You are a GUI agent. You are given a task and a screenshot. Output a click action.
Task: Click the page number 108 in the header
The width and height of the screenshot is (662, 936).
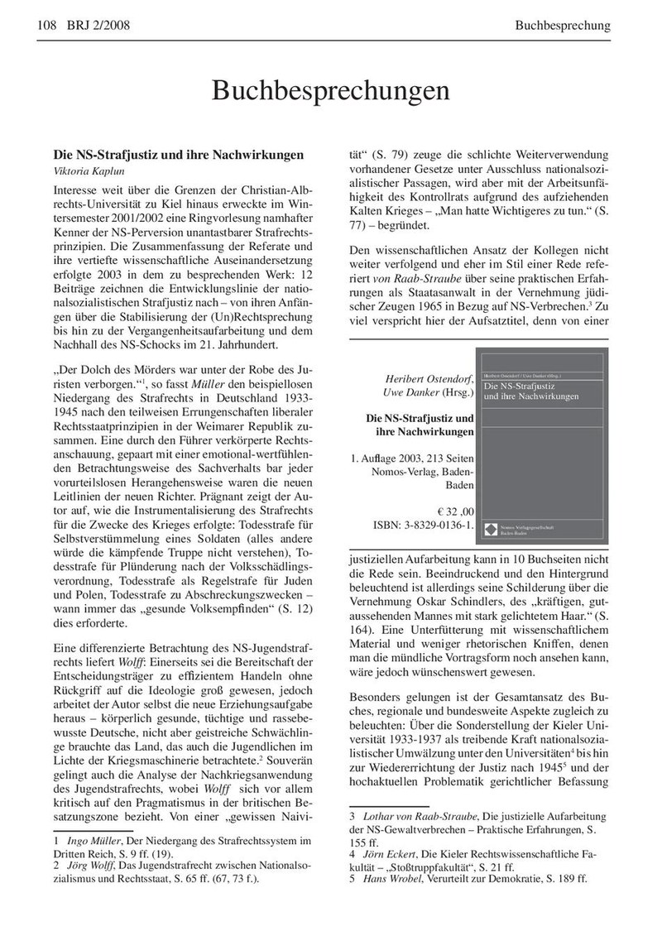[46, 25]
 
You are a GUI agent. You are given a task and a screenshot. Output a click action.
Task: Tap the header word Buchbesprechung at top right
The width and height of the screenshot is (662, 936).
[563, 25]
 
